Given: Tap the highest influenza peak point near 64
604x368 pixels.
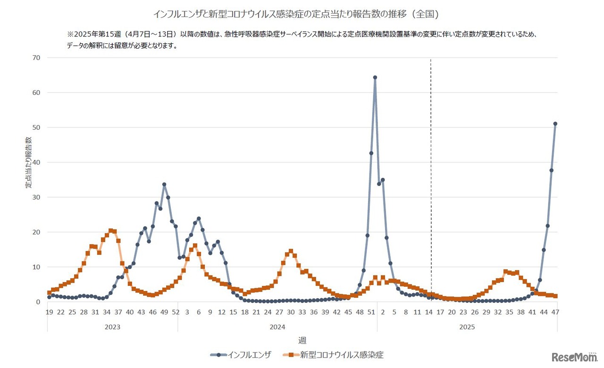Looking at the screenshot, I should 375,77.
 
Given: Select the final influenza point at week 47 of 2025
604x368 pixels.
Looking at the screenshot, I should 555,124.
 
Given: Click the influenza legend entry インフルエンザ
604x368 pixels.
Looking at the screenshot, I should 241,355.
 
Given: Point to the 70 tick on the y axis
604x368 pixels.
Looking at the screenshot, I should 36,58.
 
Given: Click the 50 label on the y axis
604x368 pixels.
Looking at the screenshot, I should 36,127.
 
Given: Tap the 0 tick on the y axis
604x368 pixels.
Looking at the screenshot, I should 38,302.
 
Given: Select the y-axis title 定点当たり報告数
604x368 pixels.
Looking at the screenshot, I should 28,162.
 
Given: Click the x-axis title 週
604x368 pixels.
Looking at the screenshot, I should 302,340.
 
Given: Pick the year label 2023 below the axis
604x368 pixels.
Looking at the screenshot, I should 112,327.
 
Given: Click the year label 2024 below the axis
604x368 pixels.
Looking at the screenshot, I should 277,327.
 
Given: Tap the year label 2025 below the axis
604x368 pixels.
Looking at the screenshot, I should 467,327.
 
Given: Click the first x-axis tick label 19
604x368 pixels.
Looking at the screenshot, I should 49,312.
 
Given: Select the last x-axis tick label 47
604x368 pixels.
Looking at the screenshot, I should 555,312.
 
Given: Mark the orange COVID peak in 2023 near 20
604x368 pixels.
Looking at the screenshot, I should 111,231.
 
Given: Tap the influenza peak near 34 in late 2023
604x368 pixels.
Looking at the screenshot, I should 164,184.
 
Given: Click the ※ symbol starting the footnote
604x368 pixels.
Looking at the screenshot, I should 70,34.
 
